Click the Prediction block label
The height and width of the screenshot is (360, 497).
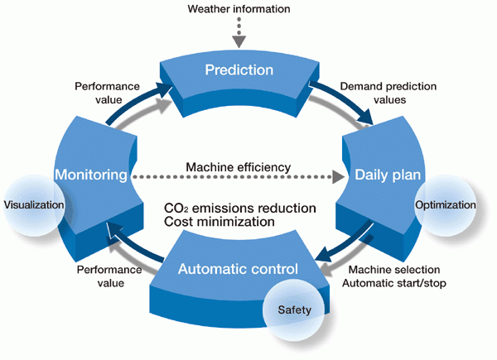click(239, 70)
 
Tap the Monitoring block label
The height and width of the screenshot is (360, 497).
click(90, 175)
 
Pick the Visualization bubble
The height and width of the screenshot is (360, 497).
click(34, 204)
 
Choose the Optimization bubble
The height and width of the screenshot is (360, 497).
click(445, 204)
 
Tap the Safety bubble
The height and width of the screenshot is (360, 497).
click(293, 310)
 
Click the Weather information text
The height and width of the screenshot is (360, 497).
click(239, 10)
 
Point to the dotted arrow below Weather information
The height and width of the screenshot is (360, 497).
click(239, 31)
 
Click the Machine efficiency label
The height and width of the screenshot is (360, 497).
click(237, 167)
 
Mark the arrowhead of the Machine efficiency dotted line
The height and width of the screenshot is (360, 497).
click(338, 176)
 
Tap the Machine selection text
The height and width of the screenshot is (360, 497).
click(394, 270)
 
